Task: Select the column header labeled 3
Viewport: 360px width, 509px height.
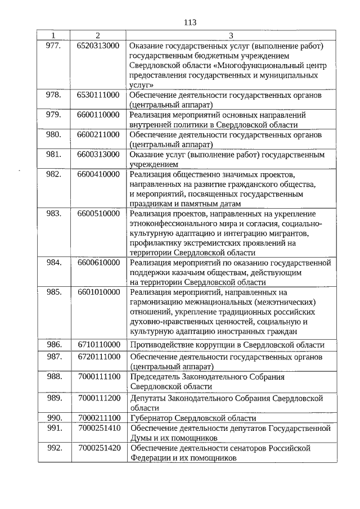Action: point(231,35)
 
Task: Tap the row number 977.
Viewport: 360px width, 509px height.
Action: point(53,45)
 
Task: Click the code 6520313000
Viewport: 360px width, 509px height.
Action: point(98,45)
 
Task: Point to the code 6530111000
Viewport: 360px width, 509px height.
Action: point(98,95)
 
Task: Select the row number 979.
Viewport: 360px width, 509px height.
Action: point(53,115)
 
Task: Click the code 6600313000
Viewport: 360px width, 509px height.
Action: point(98,154)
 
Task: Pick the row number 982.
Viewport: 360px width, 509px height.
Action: point(53,174)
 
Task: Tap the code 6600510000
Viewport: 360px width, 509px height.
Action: point(98,213)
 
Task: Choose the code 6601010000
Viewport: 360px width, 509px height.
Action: point(98,292)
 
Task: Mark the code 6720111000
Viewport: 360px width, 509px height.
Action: point(98,357)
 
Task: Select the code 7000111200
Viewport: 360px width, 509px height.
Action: point(99,398)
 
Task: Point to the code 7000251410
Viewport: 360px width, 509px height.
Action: point(99,428)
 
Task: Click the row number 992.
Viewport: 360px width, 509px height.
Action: point(53,448)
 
